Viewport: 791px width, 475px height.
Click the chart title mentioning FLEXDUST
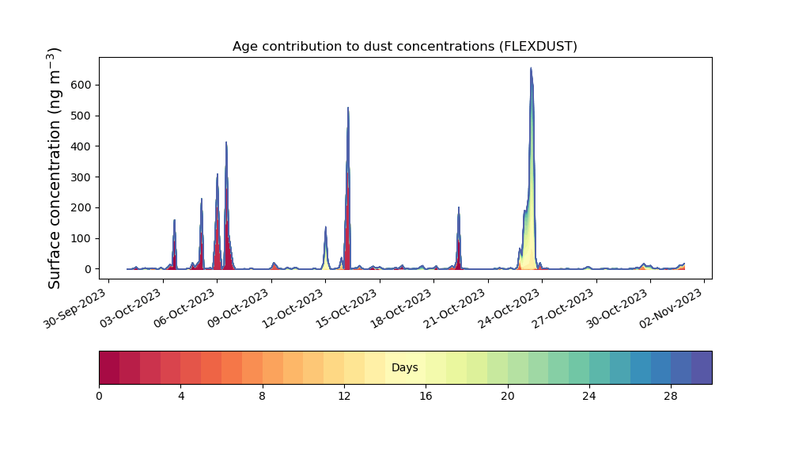[404, 47]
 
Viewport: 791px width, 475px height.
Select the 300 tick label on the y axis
[81, 177]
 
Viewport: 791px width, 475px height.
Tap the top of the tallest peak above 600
[531, 68]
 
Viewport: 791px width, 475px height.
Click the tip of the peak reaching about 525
[347, 108]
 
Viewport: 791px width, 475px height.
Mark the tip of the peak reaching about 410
[226, 142]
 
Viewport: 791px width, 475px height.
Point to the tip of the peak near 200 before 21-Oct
[459, 207]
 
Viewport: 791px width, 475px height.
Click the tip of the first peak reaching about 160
[174, 220]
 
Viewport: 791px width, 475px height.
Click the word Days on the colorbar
[404, 368]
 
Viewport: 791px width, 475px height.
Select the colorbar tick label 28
[671, 396]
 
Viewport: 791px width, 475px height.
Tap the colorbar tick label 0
[99, 396]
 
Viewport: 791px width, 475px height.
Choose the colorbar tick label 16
[426, 396]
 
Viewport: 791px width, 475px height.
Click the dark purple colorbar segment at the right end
[702, 367]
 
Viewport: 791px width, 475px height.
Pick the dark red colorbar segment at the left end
[109, 367]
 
